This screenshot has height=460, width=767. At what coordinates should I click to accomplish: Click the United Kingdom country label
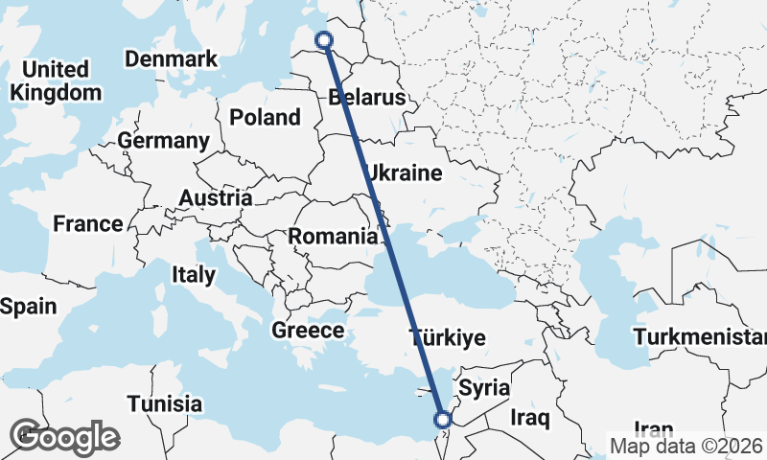tap(55, 80)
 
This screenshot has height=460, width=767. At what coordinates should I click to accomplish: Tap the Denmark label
tap(171, 59)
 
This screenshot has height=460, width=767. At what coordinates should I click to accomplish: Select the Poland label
tap(265, 118)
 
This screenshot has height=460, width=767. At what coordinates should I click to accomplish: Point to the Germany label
tap(163, 141)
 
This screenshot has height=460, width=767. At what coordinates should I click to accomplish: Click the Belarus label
tap(366, 97)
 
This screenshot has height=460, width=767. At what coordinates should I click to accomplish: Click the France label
tap(88, 223)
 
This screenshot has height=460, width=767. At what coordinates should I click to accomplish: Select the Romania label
tap(333, 236)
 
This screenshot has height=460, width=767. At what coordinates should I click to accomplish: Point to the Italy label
tap(194, 274)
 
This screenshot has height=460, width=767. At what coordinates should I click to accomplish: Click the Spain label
tap(29, 307)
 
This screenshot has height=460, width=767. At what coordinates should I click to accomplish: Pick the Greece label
tap(308, 331)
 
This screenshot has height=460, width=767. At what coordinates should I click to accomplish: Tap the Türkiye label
tap(447, 337)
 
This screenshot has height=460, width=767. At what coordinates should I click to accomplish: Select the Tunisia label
tap(165, 402)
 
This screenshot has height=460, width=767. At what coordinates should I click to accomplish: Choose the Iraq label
tap(528, 418)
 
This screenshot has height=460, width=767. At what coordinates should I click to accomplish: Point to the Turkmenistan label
tap(700, 337)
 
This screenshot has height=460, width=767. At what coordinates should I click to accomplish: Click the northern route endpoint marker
tap(324, 40)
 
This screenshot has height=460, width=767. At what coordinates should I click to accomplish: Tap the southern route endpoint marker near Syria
tap(443, 419)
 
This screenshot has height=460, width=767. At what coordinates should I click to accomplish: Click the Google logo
tap(64, 437)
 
